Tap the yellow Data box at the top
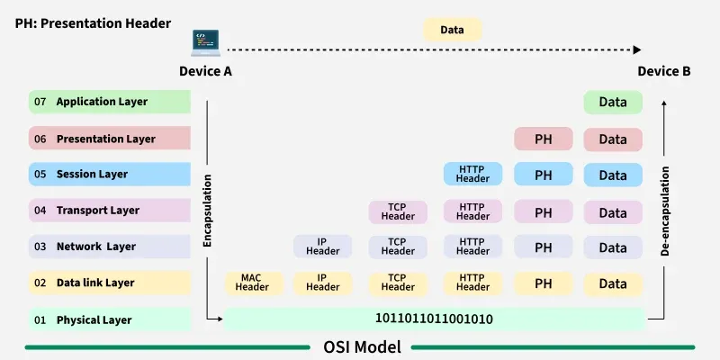(x=452, y=30)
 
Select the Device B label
(x=664, y=71)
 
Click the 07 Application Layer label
(x=109, y=102)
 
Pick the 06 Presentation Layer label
(x=109, y=139)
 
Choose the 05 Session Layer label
(x=109, y=174)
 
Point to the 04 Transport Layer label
(x=109, y=211)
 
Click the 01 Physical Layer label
(x=109, y=319)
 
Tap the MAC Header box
(x=253, y=283)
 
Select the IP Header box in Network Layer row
(x=322, y=247)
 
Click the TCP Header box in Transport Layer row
(x=398, y=211)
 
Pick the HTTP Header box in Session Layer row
(x=472, y=174)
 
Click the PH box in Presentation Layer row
(x=543, y=139)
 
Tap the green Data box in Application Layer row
(x=613, y=102)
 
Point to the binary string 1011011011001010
(x=434, y=319)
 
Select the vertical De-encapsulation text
(x=665, y=211)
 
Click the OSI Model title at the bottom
(x=362, y=346)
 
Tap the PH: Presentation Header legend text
(x=93, y=23)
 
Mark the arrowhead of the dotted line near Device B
(x=637, y=50)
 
